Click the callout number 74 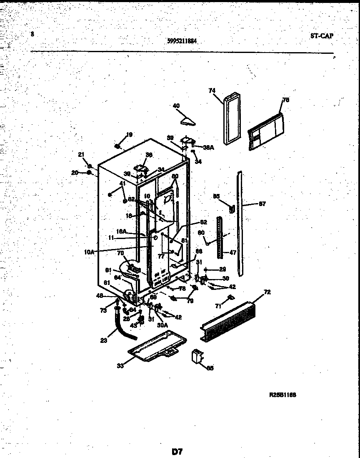(x=212, y=91)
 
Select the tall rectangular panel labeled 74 (x=231, y=120)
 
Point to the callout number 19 (x=129, y=134)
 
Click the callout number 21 (x=81, y=155)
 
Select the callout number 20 (x=75, y=172)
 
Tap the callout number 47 (x=232, y=253)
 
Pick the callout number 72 (x=267, y=292)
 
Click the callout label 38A (x=208, y=147)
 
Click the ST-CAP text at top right (x=321, y=36)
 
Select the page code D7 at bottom (x=177, y=451)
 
